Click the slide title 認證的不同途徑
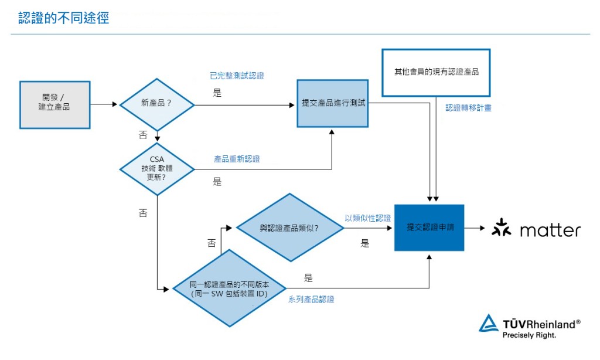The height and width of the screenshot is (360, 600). [63, 18]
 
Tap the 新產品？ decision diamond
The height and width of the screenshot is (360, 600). [156, 104]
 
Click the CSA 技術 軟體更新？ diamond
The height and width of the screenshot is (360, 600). [156, 169]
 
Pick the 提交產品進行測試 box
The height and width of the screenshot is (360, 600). [332, 103]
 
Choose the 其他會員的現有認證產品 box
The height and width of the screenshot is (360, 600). [435, 72]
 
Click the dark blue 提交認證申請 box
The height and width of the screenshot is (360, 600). [429, 227]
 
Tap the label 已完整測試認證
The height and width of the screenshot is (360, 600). [237, 75]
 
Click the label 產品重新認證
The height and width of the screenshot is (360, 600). [237, 159]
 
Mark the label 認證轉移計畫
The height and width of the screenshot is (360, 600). [468, 108]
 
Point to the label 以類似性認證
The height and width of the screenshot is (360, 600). [367, 218]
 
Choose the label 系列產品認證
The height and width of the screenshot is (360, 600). [311, 299]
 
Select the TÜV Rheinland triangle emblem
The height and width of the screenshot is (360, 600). [488, 324]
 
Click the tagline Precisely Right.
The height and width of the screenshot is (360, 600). [529, 335]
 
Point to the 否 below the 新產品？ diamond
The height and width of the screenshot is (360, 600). [143, 135]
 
